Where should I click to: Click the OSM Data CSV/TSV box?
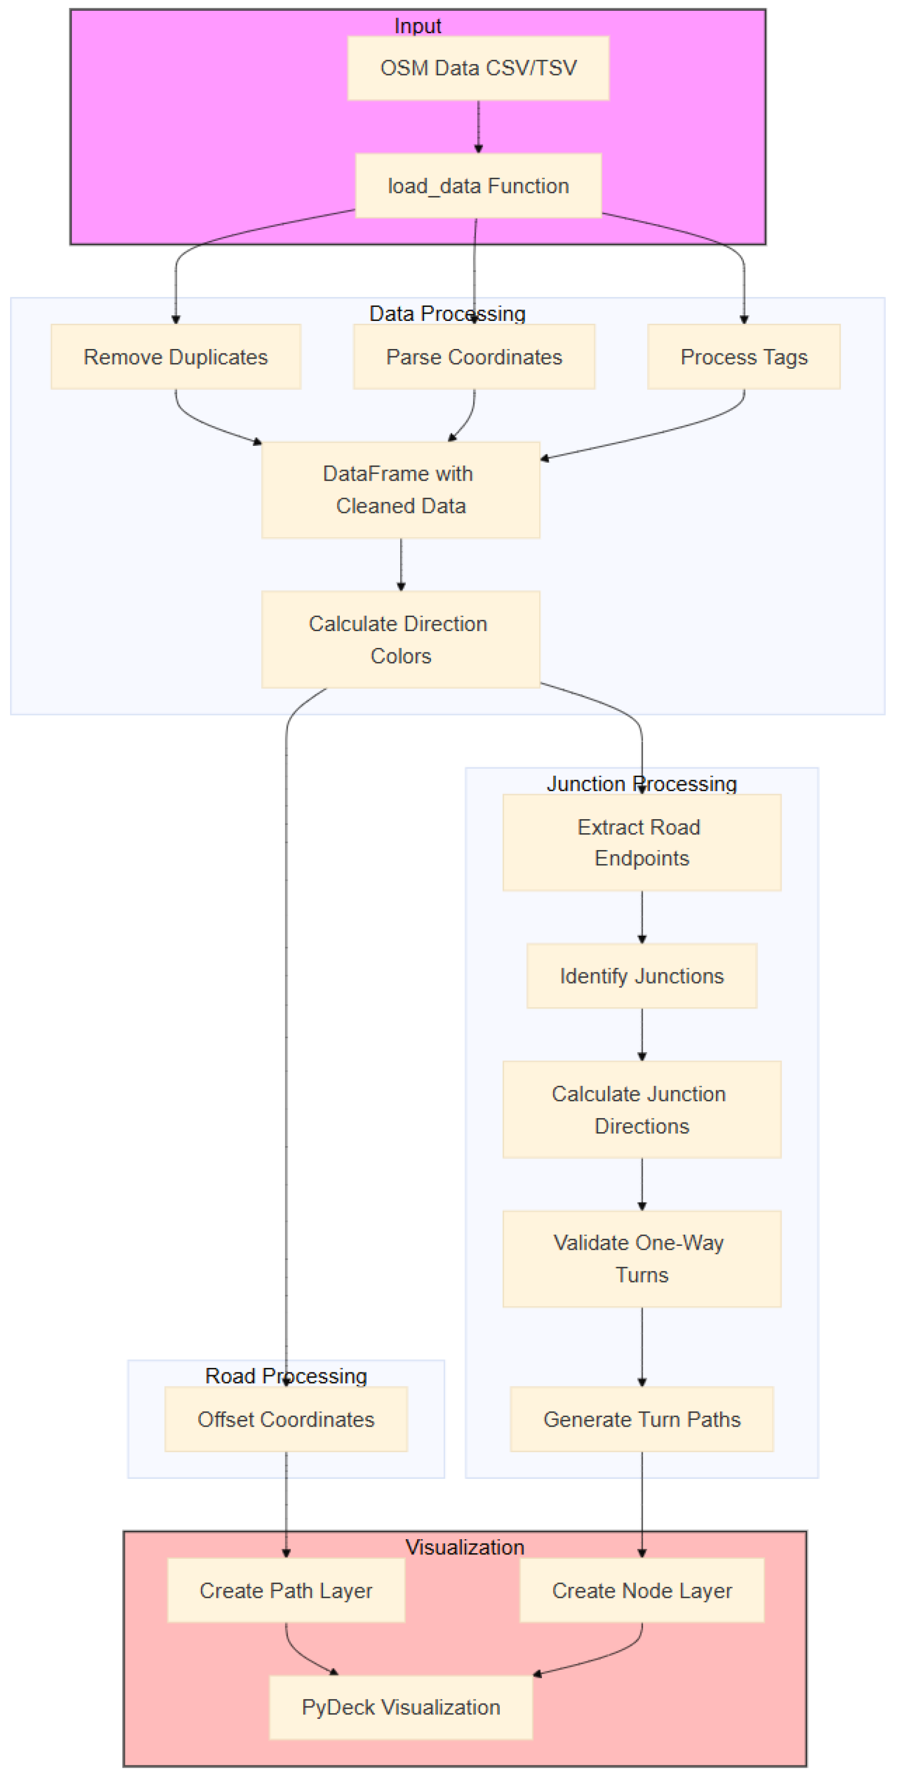(478, 68)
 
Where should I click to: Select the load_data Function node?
(478, 185)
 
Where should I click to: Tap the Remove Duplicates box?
(176, 356)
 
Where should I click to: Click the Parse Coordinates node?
(474, 356)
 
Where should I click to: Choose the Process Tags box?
(743, 356)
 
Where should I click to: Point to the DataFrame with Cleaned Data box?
(401, 489)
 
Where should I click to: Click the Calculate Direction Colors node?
(401, 639)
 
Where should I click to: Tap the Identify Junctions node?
(642, 975)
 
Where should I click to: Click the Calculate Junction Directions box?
(642, 1109)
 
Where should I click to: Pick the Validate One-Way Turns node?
(642, 1258)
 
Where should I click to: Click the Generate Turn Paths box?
(642, 1419)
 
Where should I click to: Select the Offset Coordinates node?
(286, 1419)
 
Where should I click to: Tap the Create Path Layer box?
(286, 1590)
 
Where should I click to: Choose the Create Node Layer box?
(642, 1590)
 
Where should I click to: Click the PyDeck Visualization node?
(401, 1706)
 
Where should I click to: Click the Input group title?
(417, 25)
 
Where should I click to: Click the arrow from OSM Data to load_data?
(478, 126)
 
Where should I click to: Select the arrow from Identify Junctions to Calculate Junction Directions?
(642, 1033)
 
